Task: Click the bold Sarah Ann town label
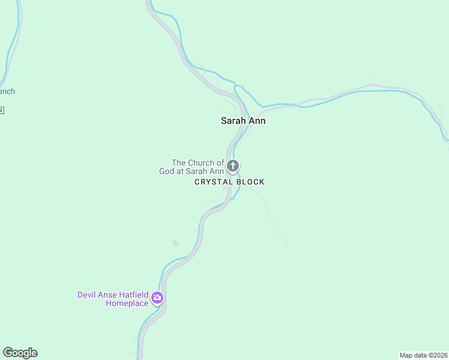(x=243, y=121)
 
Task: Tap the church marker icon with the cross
(x=233, y=166)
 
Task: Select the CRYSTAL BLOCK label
(x=229, y=182)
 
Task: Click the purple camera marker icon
(x=157, y=297)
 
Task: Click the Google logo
(x=20, y=353)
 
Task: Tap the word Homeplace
(x=127, y=304)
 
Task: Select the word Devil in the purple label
(x=87, y=295)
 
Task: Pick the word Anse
(x=107, y=295)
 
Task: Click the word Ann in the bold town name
(x=258, y=121)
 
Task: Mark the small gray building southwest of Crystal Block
(x=175, y=243)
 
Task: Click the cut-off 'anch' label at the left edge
(x=7, y=92)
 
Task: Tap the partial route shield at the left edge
(x=2, y=110)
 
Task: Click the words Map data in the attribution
(x=414, y=355)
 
